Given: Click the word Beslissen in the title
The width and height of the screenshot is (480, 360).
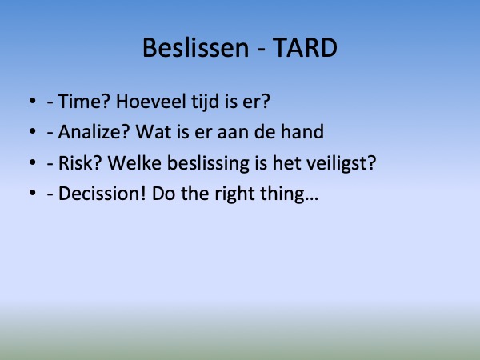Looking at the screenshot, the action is (x=196, y=48).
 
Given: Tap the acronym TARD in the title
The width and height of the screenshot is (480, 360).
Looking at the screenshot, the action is (x=305, y=48).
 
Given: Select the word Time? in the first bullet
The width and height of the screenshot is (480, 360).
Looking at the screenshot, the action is (x=84, y=102).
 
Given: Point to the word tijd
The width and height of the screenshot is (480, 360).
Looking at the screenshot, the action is (x=205, y=102).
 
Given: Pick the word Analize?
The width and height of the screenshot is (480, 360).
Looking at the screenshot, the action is (x=94, y=132).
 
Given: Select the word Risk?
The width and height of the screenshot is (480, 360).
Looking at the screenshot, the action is (x=79, y=163).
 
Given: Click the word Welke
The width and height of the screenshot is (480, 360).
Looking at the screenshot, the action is (x=134, y=162).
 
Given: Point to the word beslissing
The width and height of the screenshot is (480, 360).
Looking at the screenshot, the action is (x=208, y=163).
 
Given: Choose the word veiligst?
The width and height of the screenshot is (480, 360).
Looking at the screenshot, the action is (x=341, y=163).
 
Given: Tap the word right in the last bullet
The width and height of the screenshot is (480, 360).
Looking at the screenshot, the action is (x=234, y=194).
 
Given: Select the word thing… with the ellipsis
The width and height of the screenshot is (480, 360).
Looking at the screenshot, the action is (x=290, y=194).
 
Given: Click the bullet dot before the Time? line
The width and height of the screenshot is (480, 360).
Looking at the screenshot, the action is (x=33, y=101).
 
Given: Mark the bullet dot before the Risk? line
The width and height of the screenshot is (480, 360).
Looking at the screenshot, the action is (x=33, y=162).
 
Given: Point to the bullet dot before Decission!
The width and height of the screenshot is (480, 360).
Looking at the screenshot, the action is (x=33, y=193).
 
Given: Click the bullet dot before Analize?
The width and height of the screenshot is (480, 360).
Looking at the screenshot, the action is (x=33, y=131).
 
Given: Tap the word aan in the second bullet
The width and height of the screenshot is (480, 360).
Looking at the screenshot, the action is (x=233, y=134).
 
